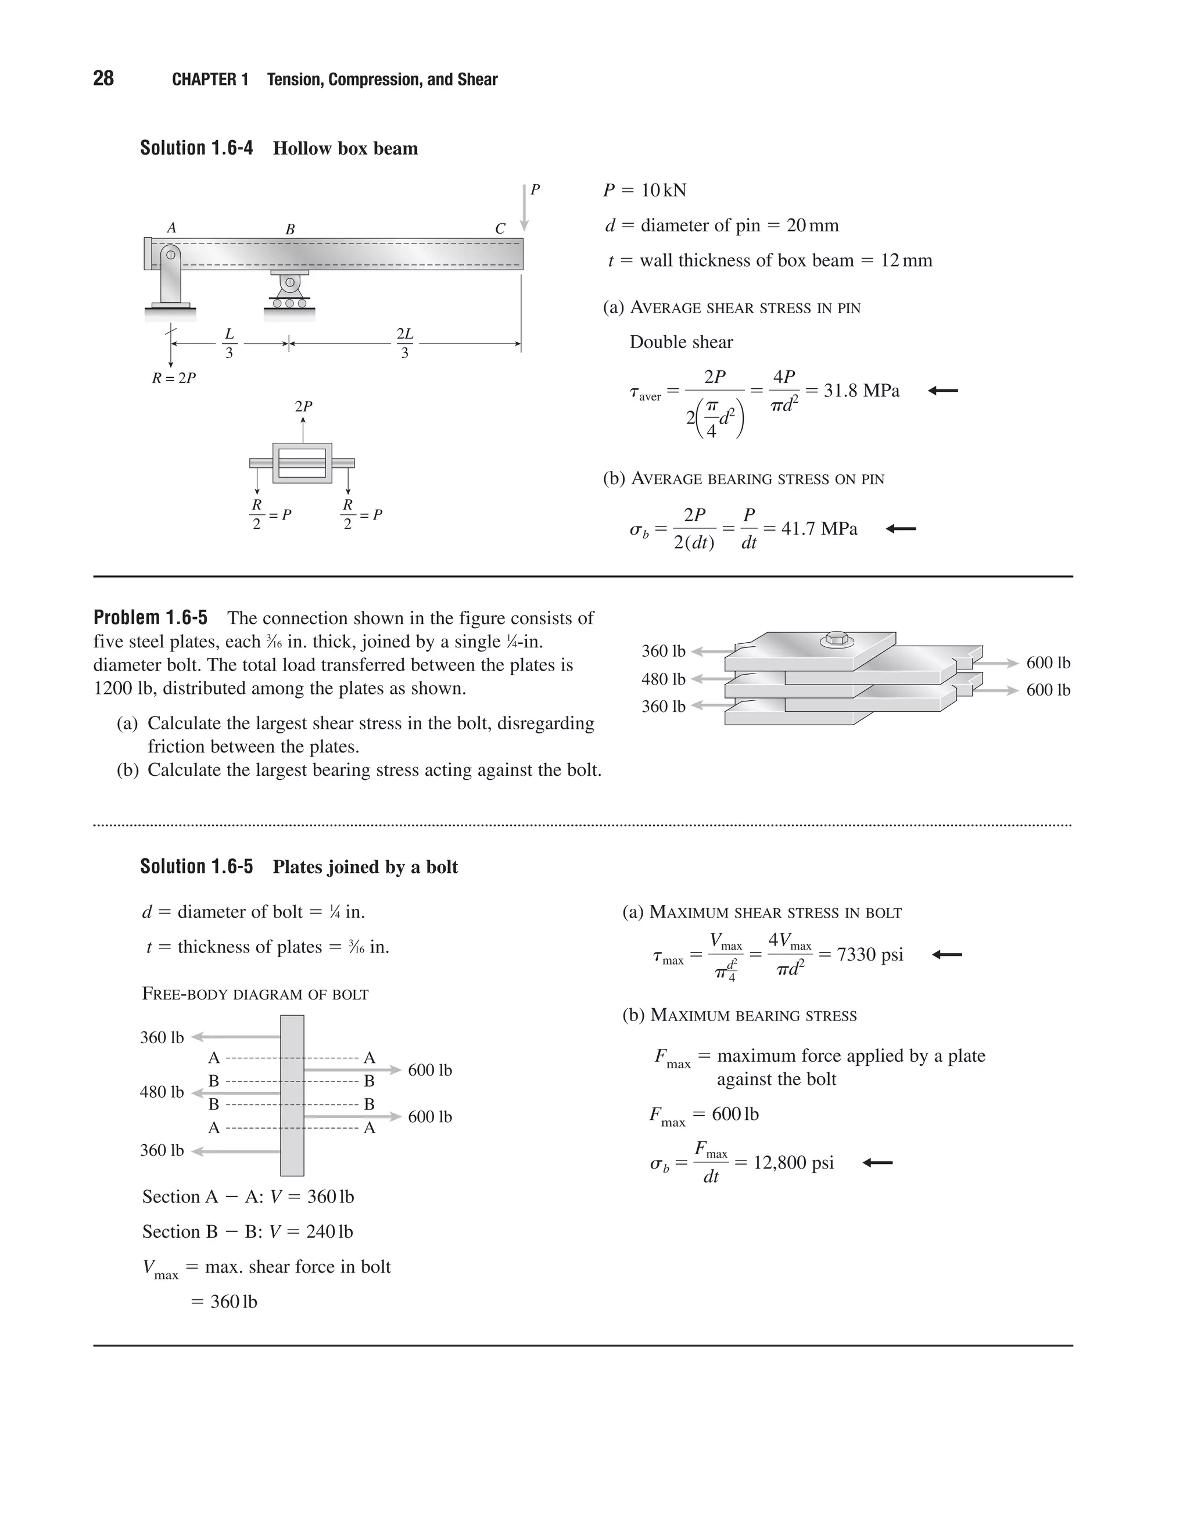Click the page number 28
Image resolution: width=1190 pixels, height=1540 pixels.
coord(103,78)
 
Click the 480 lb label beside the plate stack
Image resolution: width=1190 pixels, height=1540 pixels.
coord(662,679)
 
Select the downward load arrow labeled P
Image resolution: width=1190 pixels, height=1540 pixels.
coord(525,208)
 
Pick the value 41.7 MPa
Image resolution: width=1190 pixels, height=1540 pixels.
coord(819,529)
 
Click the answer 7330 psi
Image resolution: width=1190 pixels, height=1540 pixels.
coord(869,955)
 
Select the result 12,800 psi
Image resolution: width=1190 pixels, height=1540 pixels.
coord(793,1163)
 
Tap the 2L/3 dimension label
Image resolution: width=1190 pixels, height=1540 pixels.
coord(404,343)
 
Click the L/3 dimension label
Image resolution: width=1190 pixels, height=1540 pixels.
coord(229,343)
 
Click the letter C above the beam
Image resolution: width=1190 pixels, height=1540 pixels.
coord(500,229)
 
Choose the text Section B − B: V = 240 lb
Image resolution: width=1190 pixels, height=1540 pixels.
coord(248,1231)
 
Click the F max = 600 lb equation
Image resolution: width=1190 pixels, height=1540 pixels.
coord(704,1115)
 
